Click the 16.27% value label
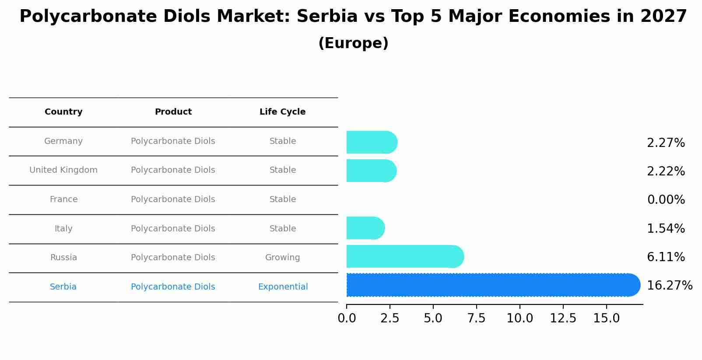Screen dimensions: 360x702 click(x=669, y=286)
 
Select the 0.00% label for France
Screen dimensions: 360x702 click(x=666, y=200)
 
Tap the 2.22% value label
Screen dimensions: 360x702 click(x=666, y=171)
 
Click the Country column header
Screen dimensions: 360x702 click(x=63, y=112)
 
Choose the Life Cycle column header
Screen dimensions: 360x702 click(x=282, y=112)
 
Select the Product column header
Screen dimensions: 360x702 click(x=173, y=112)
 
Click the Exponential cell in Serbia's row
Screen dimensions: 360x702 click(x=283, y=287)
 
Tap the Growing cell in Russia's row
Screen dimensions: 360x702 click(x=282, y=258)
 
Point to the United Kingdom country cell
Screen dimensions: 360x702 click(x=63, y=170)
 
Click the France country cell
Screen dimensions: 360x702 click(x=63, y=199)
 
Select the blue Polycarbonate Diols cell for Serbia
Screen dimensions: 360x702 click(x=173, y=287)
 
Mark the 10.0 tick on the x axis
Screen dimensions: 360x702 click(x=519, y=318)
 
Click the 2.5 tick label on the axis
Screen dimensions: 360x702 click(x=390, y=318)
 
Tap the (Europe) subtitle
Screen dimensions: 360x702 click(x=353, y=43)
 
